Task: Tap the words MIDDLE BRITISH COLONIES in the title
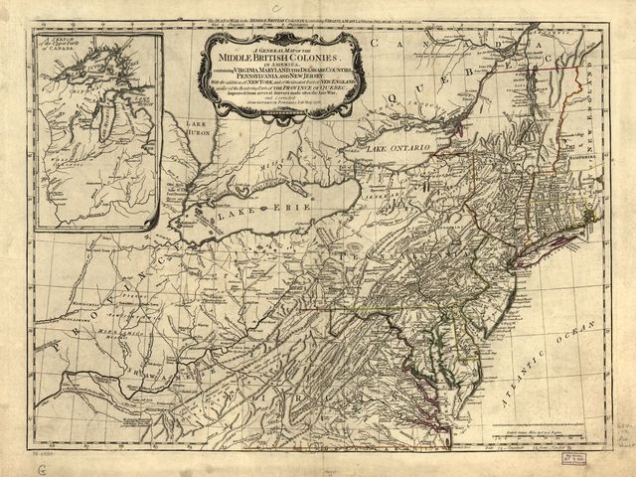[279, 61]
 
